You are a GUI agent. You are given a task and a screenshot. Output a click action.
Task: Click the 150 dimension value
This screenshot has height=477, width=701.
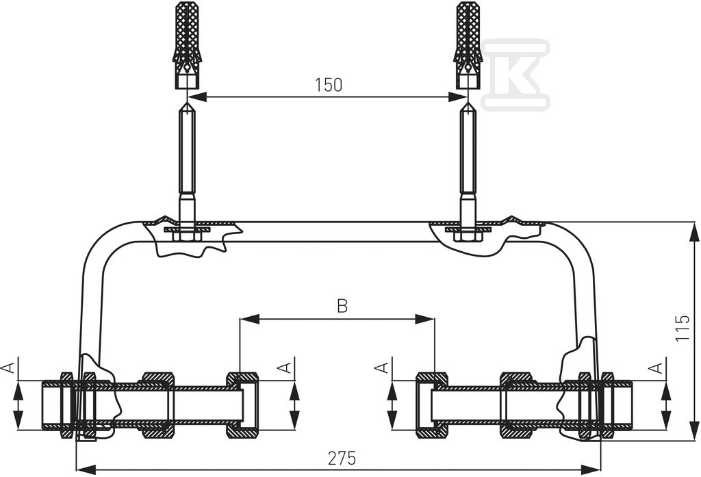(x=329, y=85)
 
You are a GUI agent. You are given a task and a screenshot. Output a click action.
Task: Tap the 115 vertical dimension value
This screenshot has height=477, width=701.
(x=683, y=328)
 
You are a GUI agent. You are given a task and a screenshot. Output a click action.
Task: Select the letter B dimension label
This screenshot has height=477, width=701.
(x=342, y=306)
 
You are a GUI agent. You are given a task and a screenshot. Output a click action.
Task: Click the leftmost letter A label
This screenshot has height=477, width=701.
(x=8, y=368)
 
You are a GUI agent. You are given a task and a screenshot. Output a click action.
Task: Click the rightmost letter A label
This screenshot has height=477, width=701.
(x=656, y=368)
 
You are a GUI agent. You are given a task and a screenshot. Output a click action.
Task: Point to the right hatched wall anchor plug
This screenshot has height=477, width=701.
(x=468, y=44)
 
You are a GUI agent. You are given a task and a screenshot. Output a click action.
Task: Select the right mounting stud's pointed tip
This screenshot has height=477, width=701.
(x=468, y=103)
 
